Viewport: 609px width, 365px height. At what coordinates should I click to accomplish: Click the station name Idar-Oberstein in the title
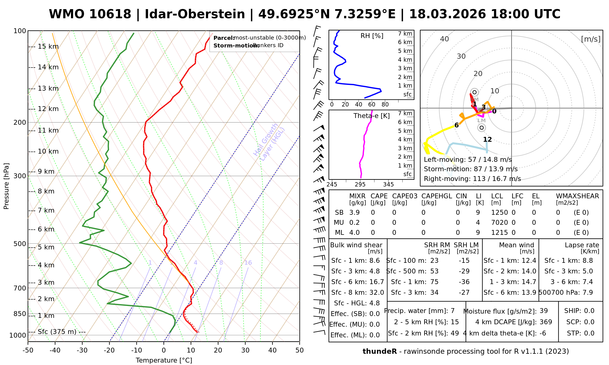(195, 14)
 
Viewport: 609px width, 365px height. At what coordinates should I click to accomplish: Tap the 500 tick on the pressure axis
(20, 244)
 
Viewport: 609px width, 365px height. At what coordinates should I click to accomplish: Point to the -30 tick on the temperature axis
(82, 350)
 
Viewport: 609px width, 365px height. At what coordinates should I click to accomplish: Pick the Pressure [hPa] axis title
(6, 186)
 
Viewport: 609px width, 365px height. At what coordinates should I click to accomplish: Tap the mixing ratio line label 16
(248, 263)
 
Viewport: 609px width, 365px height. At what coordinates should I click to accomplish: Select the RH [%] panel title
(372, 36)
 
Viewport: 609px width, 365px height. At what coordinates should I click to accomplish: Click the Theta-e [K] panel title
(371, 116)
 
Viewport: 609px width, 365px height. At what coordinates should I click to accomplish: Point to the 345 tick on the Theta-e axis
(388, 185)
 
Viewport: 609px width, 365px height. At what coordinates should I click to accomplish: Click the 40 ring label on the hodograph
(445, 39)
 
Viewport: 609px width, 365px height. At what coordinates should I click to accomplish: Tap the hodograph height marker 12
(488, 140)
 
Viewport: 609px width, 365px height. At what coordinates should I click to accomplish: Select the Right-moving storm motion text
(472, 179)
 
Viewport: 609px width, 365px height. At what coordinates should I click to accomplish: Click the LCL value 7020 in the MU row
(499, 223)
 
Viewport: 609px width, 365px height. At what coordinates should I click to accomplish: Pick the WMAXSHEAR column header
(577, 196)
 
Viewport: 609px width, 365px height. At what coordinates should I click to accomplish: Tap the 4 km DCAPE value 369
(546, 322)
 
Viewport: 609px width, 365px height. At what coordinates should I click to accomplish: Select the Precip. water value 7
(452, 311)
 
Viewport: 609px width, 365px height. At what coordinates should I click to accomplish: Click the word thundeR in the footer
(380, 352)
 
